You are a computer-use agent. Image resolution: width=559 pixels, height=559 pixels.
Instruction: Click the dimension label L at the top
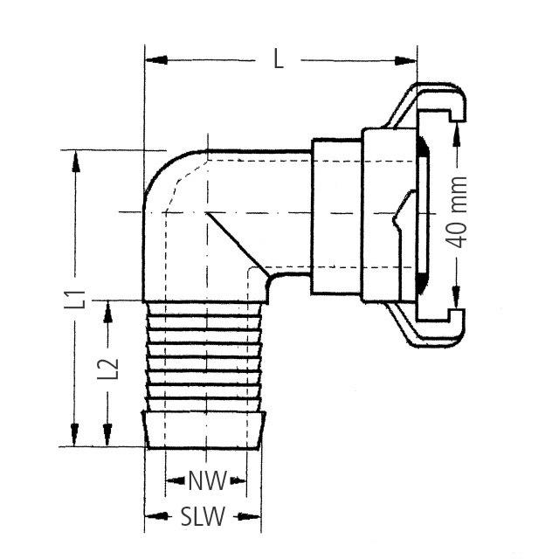tap(279, 59)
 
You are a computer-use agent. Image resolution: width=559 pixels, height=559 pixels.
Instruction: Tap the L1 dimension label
tap(78, 299)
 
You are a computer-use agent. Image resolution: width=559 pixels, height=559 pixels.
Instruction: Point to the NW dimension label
tap(207, 480)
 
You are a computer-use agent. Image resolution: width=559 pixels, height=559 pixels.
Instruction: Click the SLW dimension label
tap(203, 516)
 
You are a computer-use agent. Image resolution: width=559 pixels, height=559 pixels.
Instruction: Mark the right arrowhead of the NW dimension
tap(239, 480)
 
